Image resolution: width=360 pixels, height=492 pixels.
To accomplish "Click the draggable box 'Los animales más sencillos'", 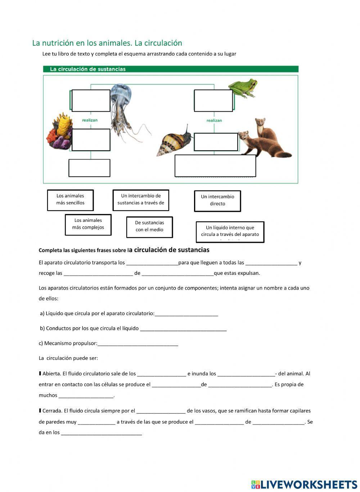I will tap(70, 200).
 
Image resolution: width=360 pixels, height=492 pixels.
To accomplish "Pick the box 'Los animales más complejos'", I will tap(88, 224).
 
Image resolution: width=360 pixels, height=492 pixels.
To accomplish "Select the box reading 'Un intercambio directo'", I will tap(217, 201).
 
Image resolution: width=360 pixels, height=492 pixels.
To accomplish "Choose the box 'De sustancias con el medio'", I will tap(149, 227).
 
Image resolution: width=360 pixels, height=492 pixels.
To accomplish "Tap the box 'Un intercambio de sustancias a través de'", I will tap(141, 200).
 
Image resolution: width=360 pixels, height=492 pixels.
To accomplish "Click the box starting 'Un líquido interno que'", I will tap(230, 232).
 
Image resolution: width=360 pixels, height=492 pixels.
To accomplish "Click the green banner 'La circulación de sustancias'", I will tap(171, 69).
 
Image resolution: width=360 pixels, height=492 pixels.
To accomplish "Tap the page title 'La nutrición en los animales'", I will tap(107, 43).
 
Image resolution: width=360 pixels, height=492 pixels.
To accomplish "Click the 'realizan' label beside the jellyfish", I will tap(90, 120).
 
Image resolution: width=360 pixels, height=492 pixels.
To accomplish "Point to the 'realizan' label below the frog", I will tap(214, 120).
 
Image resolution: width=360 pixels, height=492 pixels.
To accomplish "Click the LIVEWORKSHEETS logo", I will tap(304, 484).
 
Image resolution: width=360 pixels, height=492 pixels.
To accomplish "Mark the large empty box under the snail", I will tap(215, 166).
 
